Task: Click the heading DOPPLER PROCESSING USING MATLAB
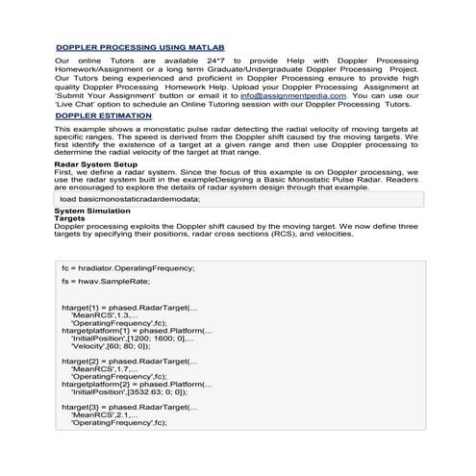click(139, 47)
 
